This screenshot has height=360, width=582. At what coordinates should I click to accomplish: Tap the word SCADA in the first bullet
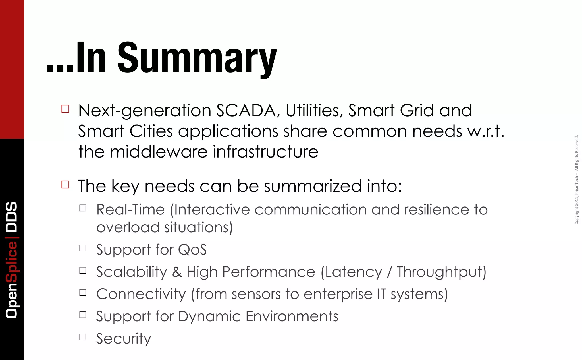pos(246,110)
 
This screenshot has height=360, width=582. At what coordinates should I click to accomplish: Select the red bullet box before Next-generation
pos(65,109)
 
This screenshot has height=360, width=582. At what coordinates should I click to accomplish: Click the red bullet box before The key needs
pos(65,185)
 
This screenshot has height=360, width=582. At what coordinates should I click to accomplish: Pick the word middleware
pos(159,152)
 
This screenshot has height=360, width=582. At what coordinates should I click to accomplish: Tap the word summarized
pos(313,186)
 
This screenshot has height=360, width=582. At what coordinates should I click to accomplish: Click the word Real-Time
pos(130,210)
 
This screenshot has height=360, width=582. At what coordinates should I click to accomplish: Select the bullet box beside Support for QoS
pos(83,248)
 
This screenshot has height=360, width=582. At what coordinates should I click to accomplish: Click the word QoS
pos(192,250)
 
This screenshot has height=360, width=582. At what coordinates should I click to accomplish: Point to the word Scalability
pos(132,272)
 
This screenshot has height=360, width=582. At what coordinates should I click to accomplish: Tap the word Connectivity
pos(141,294)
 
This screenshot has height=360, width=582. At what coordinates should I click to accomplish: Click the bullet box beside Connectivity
pos(83,292)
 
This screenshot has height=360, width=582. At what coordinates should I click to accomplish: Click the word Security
pos(124,338)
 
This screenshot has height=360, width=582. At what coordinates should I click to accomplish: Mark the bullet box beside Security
pos(83,337)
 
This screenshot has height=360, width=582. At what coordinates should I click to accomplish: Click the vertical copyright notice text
pos(576,180)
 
